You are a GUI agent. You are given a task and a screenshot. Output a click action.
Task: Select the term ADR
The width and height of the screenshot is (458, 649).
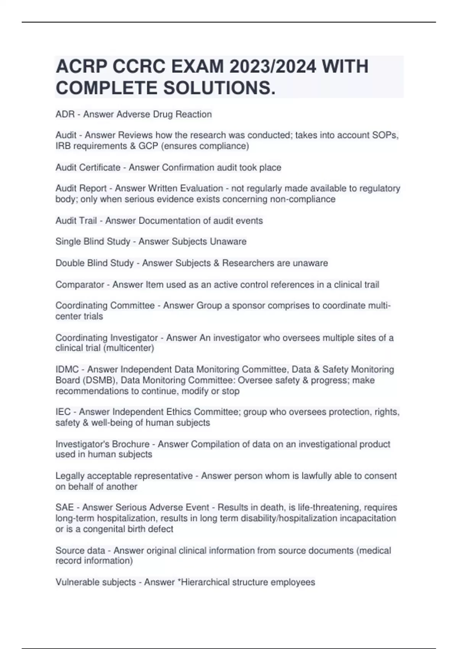[x=65, y=114]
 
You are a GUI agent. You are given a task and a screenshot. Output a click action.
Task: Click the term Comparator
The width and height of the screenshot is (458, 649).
[x=79, y=285]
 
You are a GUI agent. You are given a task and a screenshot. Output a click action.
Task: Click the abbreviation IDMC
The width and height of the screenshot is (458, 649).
[x=67, y=370]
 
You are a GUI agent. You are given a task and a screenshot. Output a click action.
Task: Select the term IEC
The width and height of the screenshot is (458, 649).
[x=63, y=412]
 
